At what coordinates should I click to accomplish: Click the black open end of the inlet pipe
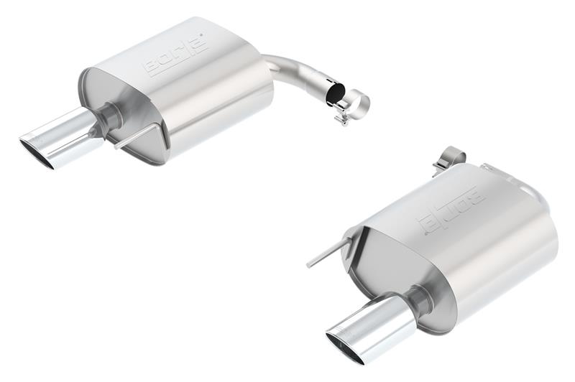tap(335, 94)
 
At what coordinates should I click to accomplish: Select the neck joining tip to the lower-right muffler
tap(418, 299)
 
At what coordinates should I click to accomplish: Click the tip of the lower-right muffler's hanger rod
tap(309, 265)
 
